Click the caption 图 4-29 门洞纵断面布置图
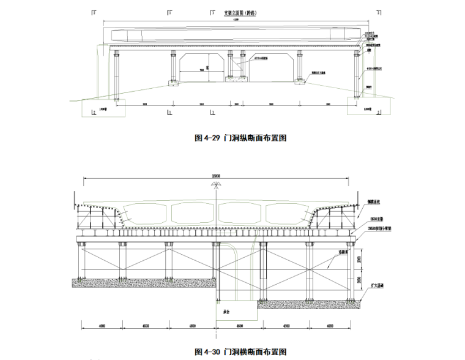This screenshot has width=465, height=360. pyautogui.click(x=240, y=138)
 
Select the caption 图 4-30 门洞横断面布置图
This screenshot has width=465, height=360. pyautogui.click(x=240, y=351)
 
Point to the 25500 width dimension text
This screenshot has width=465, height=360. pyautogui.click(x=215, y=176)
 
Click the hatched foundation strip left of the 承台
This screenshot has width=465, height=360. pyautogui.click(x=144, y=283)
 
